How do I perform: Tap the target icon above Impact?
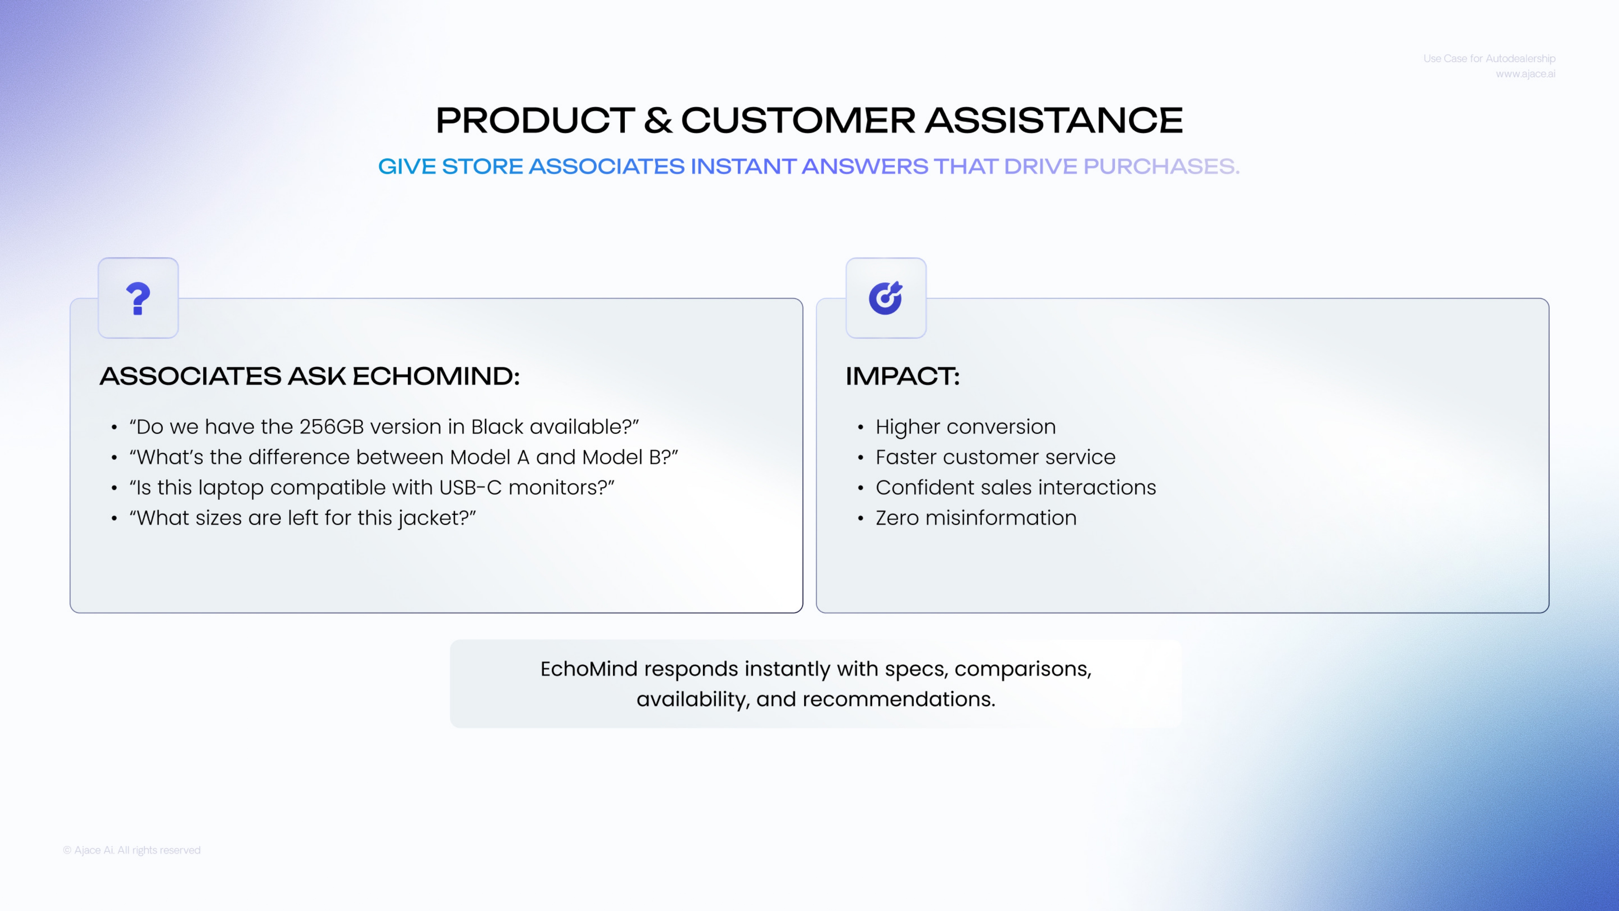(886, 298)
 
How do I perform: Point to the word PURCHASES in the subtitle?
(1161, 166)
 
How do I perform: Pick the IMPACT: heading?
(903, 376)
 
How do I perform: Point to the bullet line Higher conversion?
(965, 427)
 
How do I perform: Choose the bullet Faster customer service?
(996, 457)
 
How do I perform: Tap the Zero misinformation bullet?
(976, 518)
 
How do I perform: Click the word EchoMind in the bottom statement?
(589, 669)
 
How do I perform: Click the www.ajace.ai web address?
(1526, 74)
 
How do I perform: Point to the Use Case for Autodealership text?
(1489, 58)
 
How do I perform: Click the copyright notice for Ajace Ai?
(132, 850)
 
